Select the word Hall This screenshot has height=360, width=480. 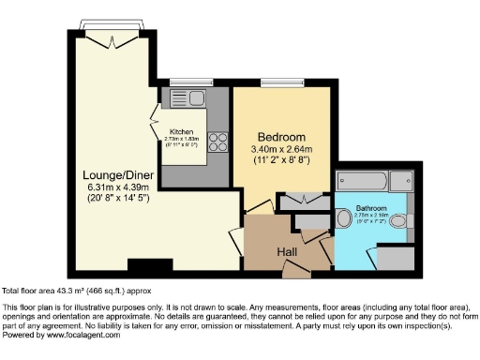point(287,253)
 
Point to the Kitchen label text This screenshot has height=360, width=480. point(180,132)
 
